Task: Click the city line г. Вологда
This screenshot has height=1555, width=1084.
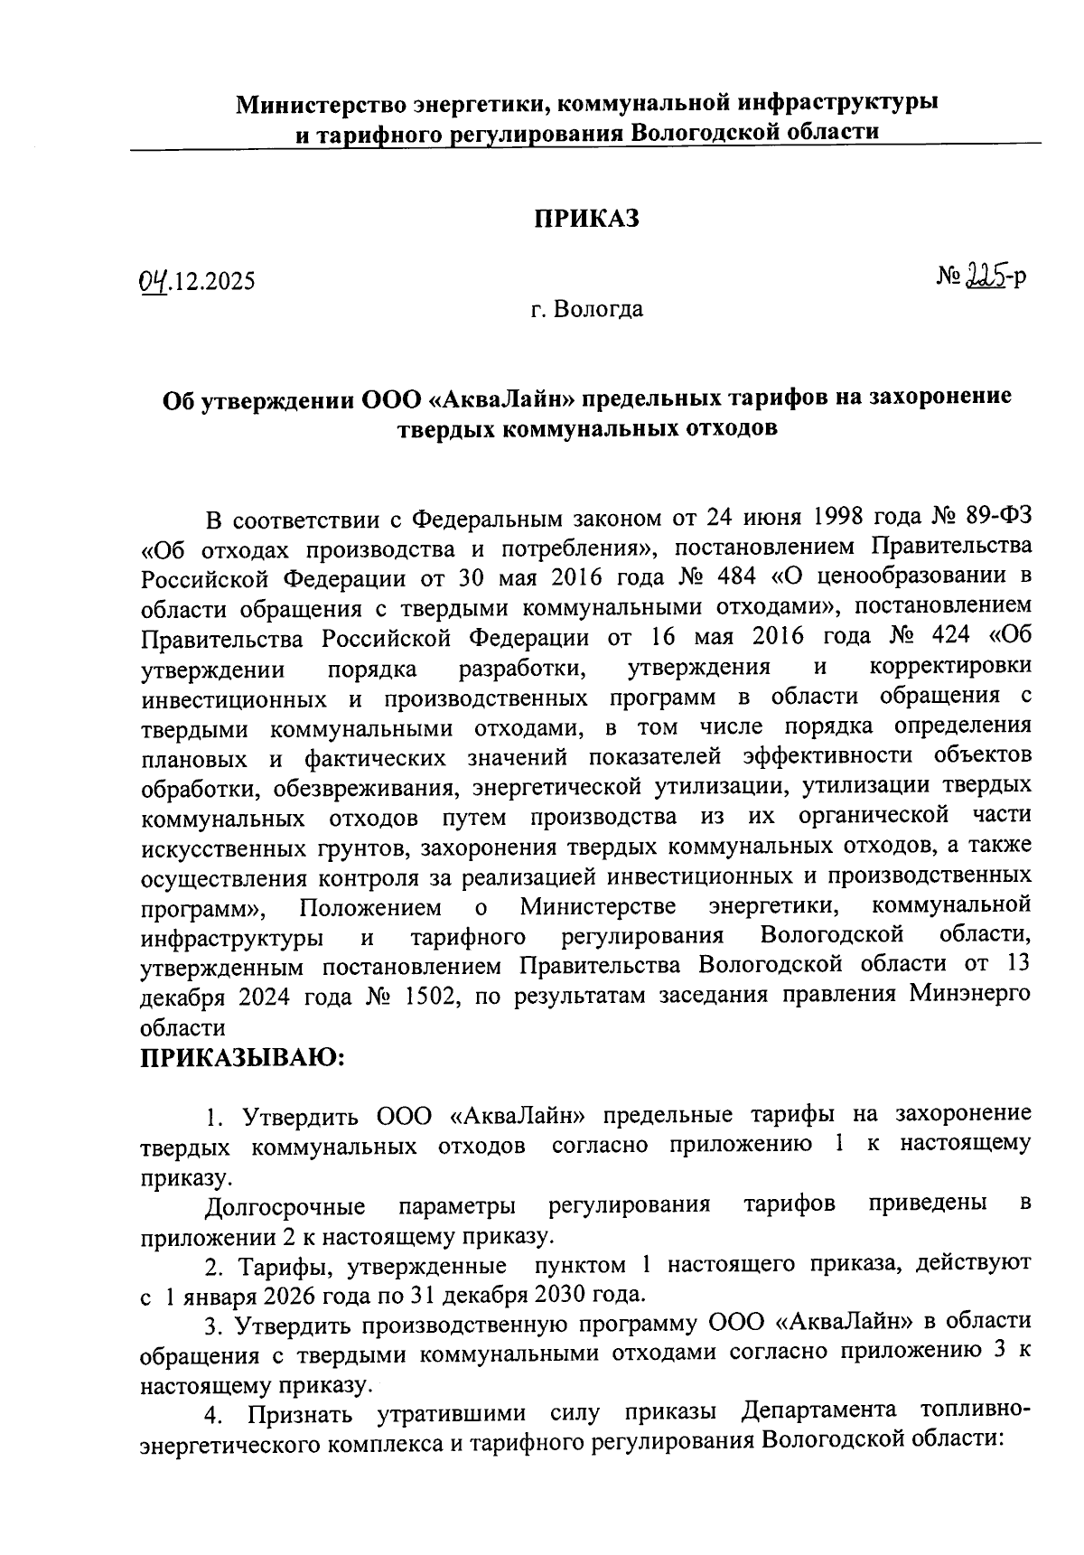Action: point(587,310)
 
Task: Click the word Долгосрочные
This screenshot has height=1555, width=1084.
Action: point(285,1206)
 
